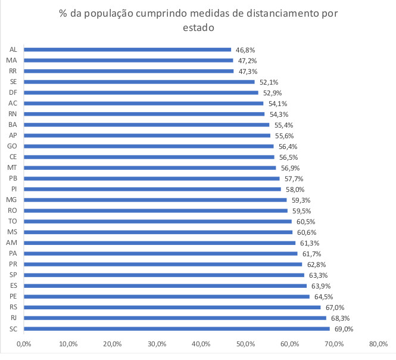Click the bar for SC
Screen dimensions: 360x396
pyautogui.click(x=176, y=328)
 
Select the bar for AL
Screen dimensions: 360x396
pyautogui.click(x=127, y=49)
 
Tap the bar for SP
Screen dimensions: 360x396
pyautogui.click(x=164, y=275)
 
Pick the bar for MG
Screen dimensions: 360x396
pyautogui.click(x=155, y=200)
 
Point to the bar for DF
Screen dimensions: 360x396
pyautogui.click(x=141, y=92)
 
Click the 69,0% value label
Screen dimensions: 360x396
pyautogui.click(x=343, y=328)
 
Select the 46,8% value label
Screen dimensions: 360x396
pyautogui.click(x=244, y=49)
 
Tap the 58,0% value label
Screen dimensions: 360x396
pyautogui.click(x=294, y=189)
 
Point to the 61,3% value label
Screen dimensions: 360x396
pyautogui.click(x=308, y=243)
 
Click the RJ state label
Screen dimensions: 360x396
pyautogui.click(x=13, y=318)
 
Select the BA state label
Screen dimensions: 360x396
pyautogui.click(x=13, y=125)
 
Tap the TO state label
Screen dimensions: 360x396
pyautogui.click(x=13, y=221)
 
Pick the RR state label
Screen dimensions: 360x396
pyautogui.click(x=13, y=71)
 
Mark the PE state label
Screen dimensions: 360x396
pyautogui.click(x=13, y=296)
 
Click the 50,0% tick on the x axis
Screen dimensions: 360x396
pyautogui.click(x=245, y=344)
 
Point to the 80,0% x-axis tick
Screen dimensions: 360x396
pyautogui.click(x=378, y=344)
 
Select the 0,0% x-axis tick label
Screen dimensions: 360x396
pyautogui.click(x=24, y=344)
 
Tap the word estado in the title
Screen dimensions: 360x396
pyautogui.click(x=198, y=27)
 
